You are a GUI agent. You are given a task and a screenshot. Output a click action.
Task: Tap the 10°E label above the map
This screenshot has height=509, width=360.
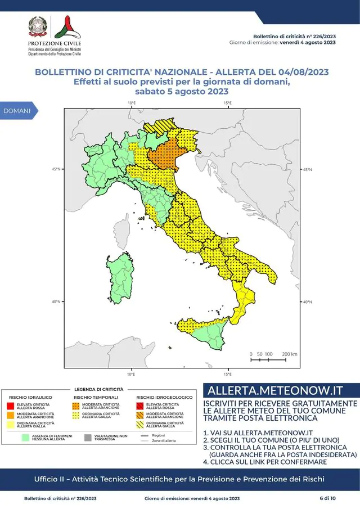(x=131, y=103)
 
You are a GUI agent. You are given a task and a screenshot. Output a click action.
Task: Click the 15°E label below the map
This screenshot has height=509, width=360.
(x=228, y=374)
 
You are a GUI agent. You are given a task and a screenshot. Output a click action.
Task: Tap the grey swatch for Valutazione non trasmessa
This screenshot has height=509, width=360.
(x=87, y=436)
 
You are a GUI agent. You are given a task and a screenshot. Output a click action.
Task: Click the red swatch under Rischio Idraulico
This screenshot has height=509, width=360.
(x=10, y=405)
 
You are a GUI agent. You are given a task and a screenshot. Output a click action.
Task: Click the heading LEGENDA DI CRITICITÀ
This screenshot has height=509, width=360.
(x=98, y=389)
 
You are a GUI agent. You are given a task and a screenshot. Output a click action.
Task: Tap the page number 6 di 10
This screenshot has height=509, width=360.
(x=327, y=498)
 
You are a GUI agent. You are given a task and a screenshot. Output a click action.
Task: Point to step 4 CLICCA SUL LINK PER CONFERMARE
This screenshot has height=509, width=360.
(x=265, y=446)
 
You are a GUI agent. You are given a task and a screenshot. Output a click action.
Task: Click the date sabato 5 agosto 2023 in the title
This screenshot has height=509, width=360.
(x=181, y=91)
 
